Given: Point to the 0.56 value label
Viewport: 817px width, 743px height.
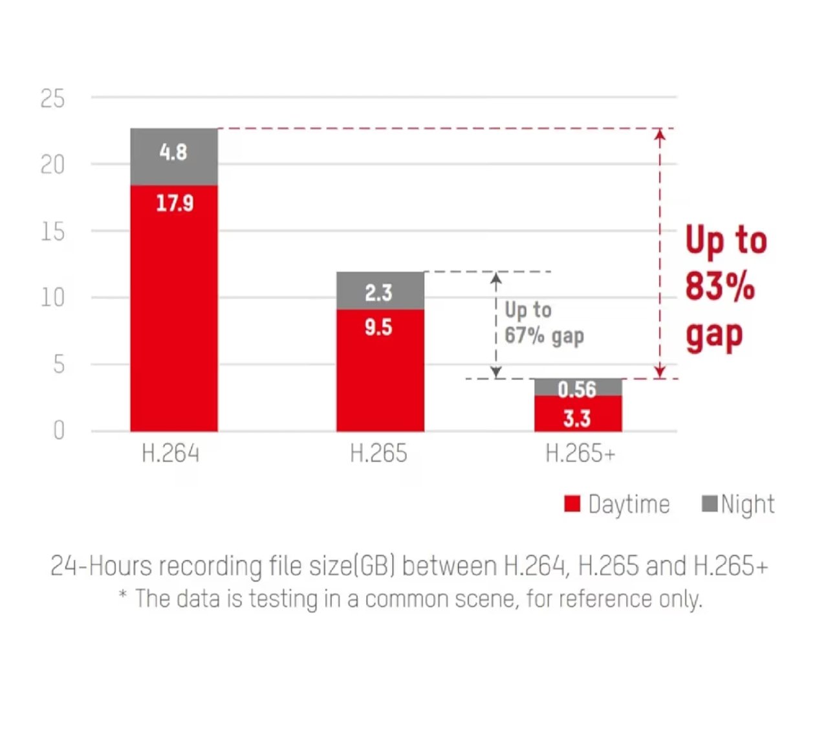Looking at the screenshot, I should (x=577, y=389).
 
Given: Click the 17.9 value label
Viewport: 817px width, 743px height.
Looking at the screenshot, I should (x=175, y=203).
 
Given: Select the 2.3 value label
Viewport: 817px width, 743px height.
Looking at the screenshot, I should (x=378, y=293).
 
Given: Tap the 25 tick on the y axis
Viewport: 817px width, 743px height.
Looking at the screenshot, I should (x=52, y=99).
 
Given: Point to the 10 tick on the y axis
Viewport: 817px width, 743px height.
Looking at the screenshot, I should (x=52, y=298).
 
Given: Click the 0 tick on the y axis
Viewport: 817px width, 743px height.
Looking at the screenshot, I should (x=59, y=430).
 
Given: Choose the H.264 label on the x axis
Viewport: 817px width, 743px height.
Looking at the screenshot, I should (x=171, y=453).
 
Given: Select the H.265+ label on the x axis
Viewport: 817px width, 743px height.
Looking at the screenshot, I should (x=580, y=453).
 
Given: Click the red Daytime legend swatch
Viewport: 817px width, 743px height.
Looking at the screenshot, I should (x=572, y=504).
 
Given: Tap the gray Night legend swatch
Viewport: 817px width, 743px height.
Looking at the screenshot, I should (x=710, y=503).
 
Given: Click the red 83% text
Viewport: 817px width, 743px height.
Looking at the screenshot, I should (x=719, y=287).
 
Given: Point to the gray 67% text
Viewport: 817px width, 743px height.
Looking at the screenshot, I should (x=524, y=336).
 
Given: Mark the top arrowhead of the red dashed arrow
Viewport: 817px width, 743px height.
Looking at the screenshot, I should (x=660, y=134).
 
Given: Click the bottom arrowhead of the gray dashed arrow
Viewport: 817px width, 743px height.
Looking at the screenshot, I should (x=496, y=373).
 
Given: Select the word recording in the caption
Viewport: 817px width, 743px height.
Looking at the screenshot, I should (x=210, y=566).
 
